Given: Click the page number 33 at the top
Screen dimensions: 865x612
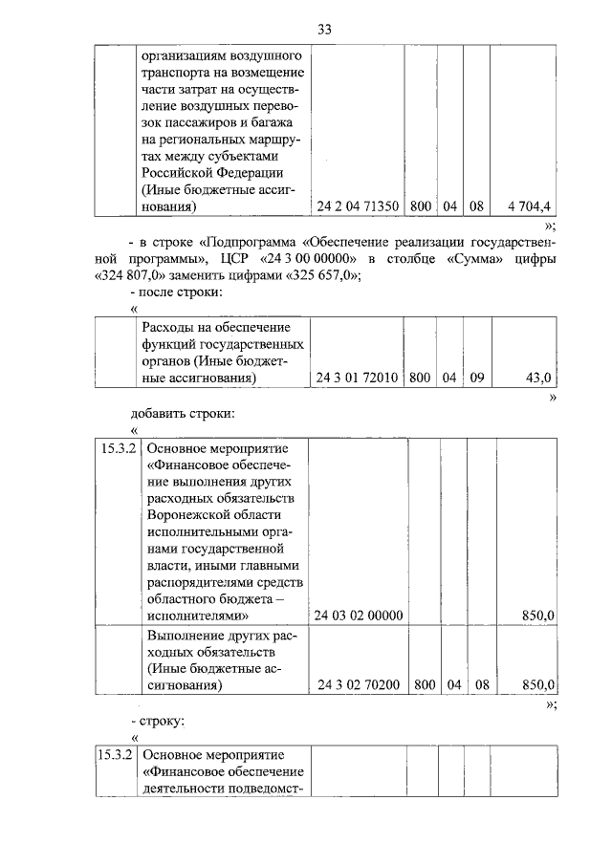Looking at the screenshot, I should pos(324,30).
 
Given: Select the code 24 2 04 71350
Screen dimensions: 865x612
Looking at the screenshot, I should pos(357,205).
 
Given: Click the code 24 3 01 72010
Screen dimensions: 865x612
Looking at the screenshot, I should pos(357,378).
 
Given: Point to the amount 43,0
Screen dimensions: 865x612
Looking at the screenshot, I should pos(541,378).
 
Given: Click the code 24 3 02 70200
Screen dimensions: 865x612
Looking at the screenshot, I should pos(357,684).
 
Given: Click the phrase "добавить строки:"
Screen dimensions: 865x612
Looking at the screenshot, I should pos(183,414).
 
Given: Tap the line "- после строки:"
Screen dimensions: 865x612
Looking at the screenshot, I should pos(177,292).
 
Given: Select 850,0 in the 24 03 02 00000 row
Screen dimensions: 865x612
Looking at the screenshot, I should pos(538,616).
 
